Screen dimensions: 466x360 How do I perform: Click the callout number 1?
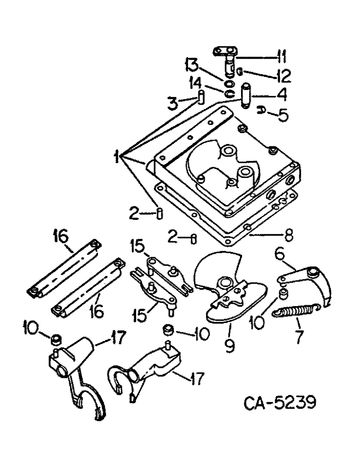124,154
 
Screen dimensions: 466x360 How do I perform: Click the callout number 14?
208,85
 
